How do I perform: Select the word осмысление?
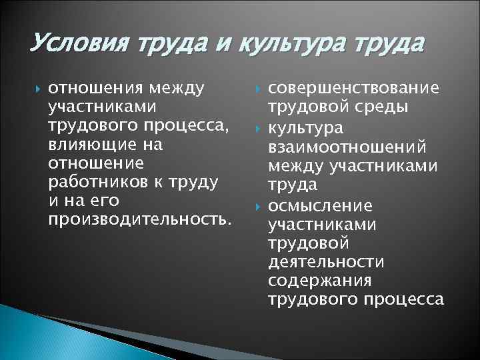(320, 204)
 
